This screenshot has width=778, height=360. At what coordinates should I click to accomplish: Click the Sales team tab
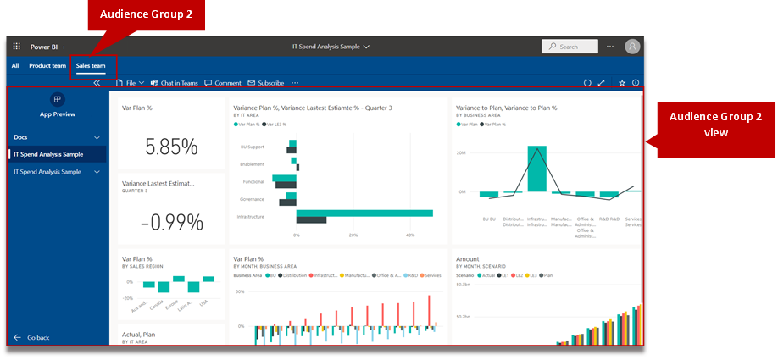(91, 65)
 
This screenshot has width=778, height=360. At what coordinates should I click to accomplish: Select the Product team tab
(47, 65)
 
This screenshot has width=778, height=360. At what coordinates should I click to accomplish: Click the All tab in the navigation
(15, 65)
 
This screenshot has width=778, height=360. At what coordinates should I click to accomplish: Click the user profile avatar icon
(632, 47)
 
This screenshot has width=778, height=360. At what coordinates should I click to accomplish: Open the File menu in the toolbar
(131, 83)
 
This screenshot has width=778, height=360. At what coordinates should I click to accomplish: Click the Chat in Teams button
(174, 83)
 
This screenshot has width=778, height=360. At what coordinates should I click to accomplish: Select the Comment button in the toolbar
(223, 83)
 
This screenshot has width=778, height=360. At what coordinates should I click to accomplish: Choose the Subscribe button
(266, 83)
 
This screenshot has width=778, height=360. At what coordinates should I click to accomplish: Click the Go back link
(37, 337)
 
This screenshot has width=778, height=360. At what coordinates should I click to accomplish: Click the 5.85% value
(171, 147)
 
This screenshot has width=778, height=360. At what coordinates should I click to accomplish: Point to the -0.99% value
(171, 222)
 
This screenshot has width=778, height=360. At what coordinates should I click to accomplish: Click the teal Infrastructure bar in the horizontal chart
(364, 213)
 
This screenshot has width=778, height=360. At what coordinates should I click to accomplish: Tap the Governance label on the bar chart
(252, 199)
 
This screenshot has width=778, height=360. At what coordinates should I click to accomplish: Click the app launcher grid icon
(16, 47)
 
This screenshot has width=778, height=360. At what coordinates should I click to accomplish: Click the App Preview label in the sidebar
(58, 114)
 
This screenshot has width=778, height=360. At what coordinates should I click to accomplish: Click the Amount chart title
(468, 259)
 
